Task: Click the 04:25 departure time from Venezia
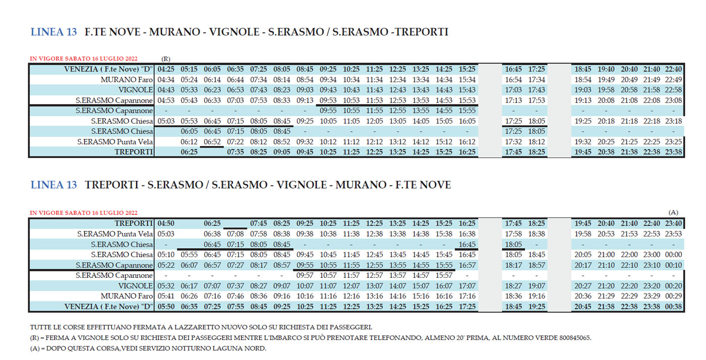point(166,69)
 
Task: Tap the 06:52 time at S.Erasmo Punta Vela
point(212,142)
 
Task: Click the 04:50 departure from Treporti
point(166,223)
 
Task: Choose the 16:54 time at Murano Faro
point(514,80)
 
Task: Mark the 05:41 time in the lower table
point(166,296)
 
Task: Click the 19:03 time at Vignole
point(583,90)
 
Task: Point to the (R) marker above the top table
point(166,59)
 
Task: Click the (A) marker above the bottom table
point(673,213)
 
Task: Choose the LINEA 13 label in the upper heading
point(54,32)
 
